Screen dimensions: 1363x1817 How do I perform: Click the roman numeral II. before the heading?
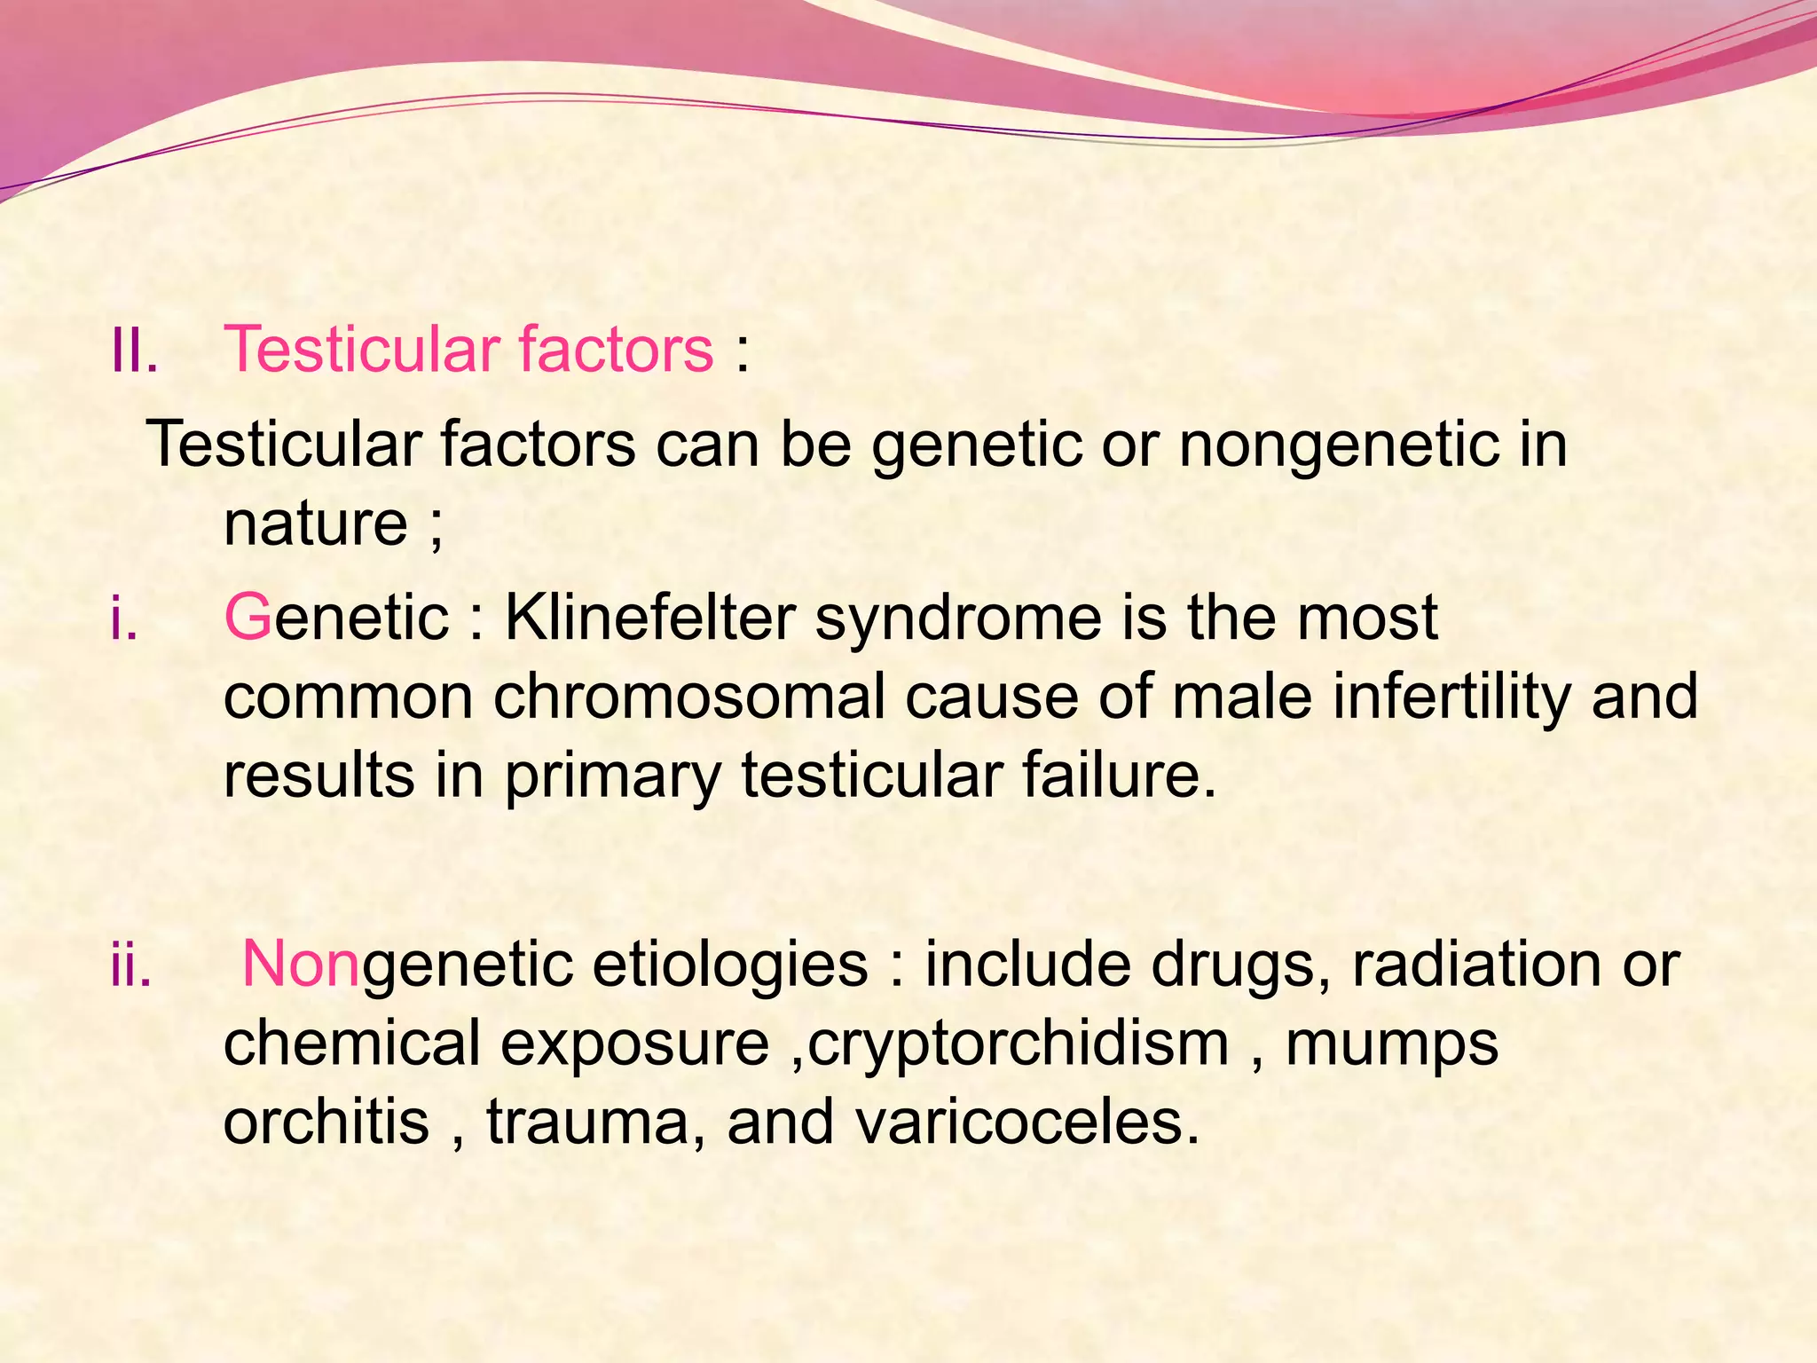134,350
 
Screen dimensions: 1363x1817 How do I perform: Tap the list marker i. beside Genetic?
123,618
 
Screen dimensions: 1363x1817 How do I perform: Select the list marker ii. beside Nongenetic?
130,965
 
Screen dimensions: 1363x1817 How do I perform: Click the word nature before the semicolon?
315,524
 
